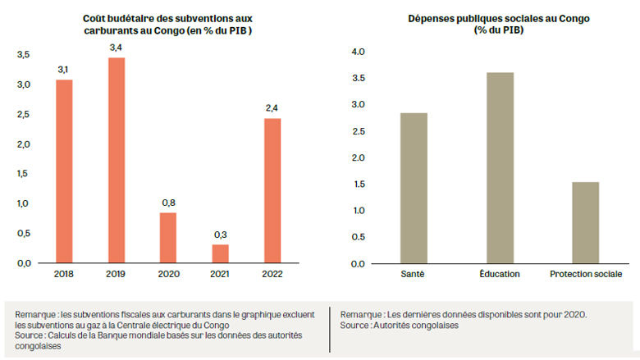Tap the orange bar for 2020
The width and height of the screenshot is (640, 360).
point(167,237)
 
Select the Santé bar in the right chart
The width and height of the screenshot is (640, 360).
point(414,188)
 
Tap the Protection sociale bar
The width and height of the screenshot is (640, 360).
point(585,222)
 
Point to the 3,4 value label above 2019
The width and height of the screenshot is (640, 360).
point(116,49)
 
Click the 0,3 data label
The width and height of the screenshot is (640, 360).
point(220,235)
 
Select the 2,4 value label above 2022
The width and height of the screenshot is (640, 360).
point(272,109)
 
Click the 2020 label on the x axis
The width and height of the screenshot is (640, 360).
point(167,273)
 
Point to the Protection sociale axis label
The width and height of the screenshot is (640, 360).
point(585,274)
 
